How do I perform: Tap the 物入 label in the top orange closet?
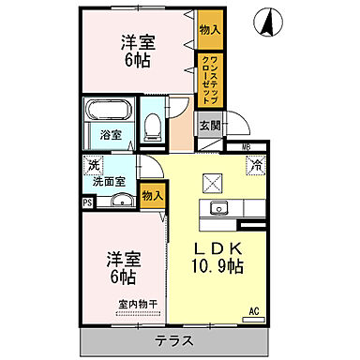coord(211,30)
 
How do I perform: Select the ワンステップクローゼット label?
coord(211,81)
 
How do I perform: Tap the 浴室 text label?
coord(111,134)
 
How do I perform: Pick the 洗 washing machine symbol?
coord(93,166)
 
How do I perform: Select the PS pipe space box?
coord(87,202)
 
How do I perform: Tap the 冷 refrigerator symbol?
coord(254,165)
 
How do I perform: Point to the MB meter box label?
coord(247,148)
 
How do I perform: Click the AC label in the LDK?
coord(253,311)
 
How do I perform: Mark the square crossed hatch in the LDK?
coord(213,183)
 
